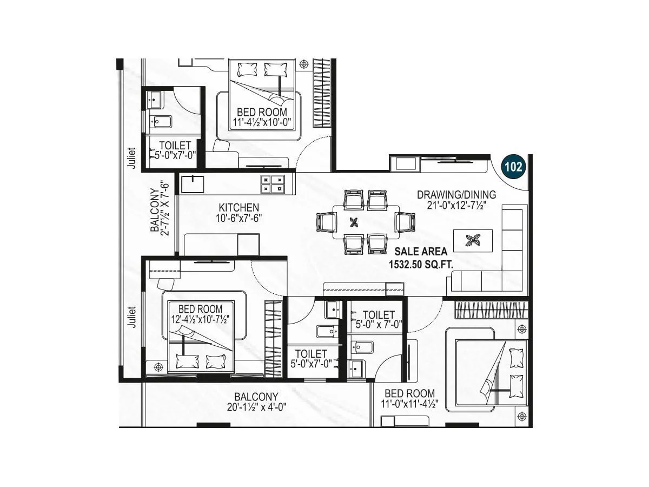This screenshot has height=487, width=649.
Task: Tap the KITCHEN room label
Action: coord(239,208)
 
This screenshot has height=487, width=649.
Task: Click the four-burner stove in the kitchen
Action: coord(273,184)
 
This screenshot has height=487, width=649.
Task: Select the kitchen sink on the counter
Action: coord(193,184)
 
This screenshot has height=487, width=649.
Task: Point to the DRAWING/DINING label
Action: coord(456,195)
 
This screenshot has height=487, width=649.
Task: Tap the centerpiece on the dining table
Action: coord(354,221)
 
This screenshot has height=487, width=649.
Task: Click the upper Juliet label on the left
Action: coord(131,160)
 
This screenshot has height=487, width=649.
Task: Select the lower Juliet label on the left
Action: coord(131,317)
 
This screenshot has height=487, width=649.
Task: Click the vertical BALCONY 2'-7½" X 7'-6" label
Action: coord(160,211)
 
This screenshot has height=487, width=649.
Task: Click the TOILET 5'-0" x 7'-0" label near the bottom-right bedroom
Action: coord(378,319)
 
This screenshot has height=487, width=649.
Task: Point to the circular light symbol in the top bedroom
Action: coord(304,64)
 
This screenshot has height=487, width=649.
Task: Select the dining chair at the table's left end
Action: coord(326,222)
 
